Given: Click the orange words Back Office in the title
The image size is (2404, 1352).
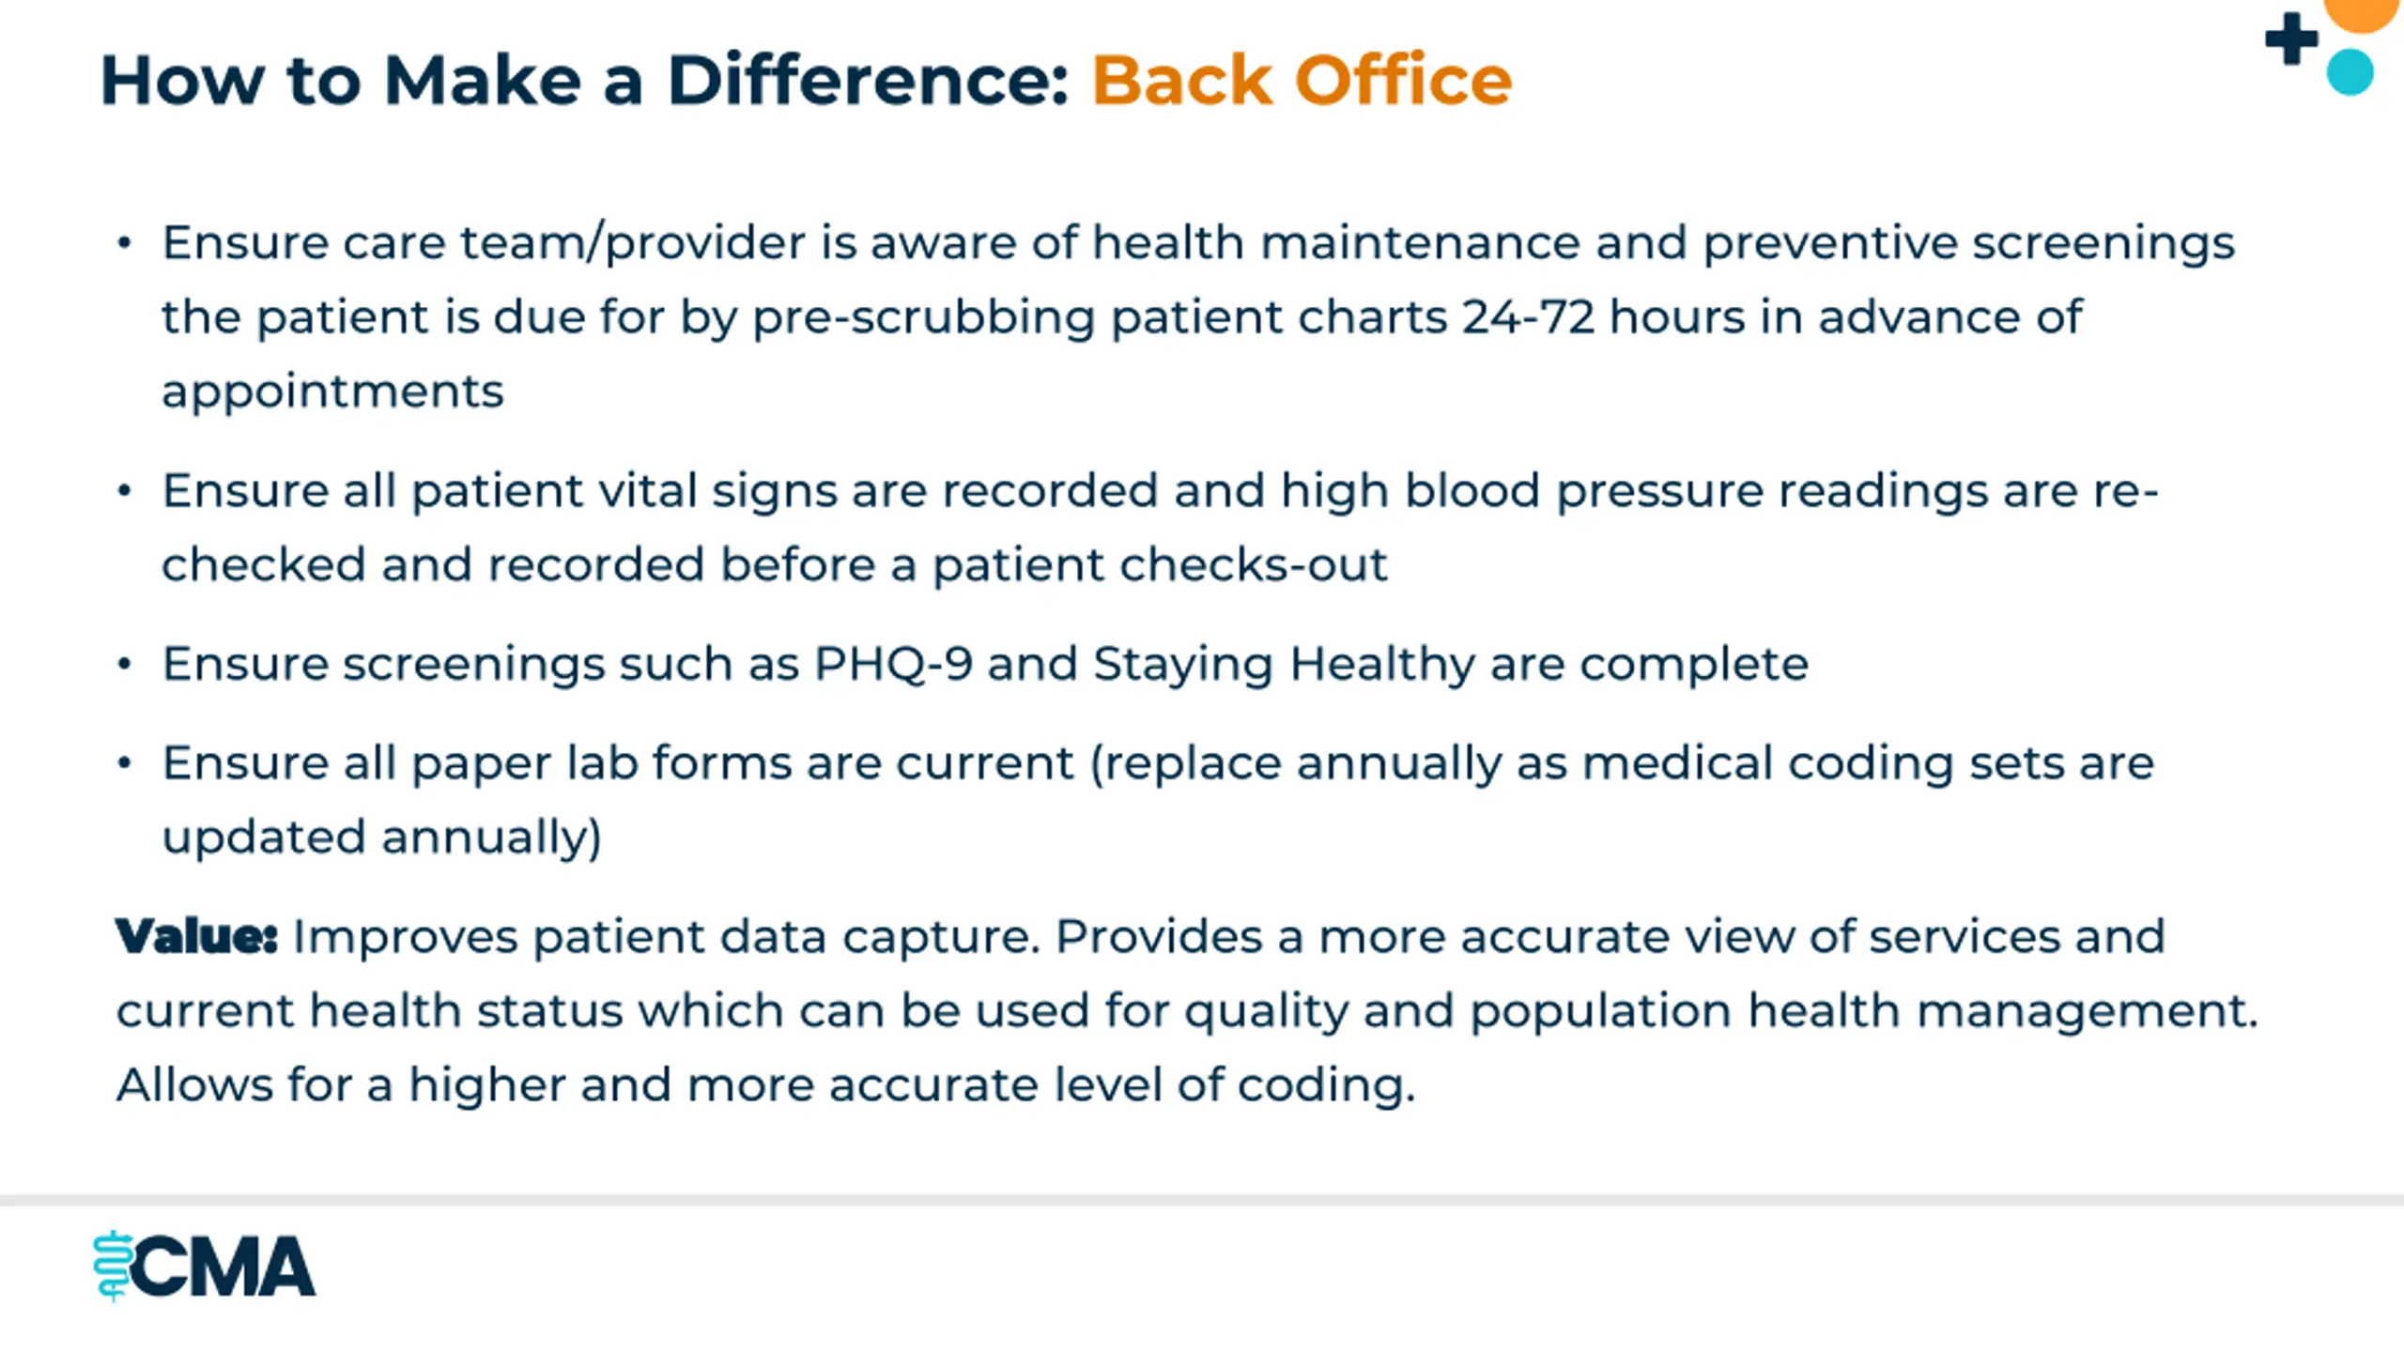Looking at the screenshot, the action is tap(1302, 81).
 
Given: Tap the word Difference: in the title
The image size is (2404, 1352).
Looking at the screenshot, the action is tap(868, 81).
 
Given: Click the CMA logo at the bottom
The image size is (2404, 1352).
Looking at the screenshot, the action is tap(204, 1267).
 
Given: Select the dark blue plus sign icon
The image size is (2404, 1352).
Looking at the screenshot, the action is tap(2291, 38).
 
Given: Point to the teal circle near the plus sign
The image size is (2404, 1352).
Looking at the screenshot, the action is tap(2350, 72).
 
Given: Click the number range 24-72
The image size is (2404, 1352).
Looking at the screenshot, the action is tap(1528, 317).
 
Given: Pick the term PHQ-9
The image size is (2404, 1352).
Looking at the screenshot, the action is tap(892, 665).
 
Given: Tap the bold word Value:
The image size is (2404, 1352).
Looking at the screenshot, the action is tap(196, 937).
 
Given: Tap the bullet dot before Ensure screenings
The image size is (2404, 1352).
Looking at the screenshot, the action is tap(124, 664).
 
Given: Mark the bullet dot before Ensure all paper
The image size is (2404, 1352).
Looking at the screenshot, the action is tap(124, 762).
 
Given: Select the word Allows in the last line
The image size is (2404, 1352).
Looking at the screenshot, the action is tap(194, 1085).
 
